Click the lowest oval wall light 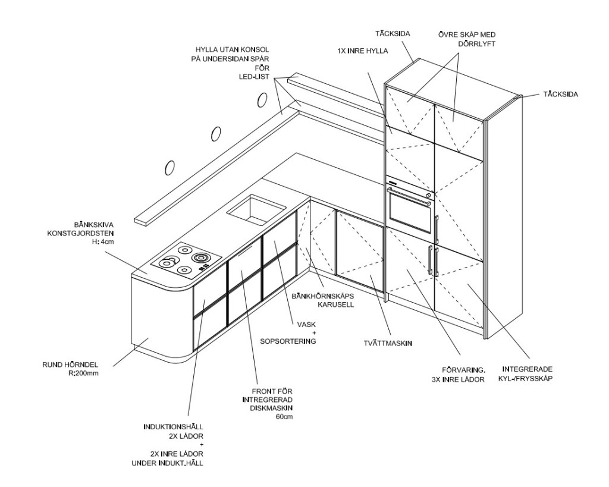[x=169, y=168]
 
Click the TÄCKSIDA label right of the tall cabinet [x=561, y=94]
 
